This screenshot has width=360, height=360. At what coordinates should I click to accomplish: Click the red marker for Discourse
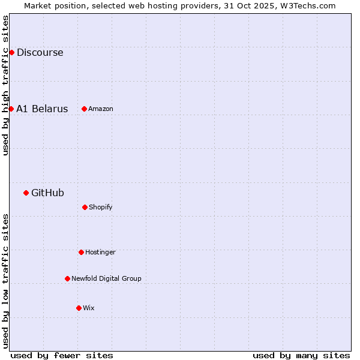click(x=11, y=52)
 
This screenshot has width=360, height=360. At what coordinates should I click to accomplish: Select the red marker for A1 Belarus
click(x=11, y=109)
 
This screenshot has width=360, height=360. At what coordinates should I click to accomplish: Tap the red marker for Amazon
click(x=84, y=109)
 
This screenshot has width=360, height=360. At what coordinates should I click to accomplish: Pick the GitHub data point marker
click(x=26, y=193)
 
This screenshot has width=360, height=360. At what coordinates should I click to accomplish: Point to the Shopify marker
click(x=85, y=207)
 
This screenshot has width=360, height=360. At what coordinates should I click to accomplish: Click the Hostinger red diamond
click(x=81, y=252)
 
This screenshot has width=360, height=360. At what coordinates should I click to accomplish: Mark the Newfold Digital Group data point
click(x=67, y=278)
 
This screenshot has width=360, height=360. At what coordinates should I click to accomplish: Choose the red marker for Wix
click(x=79, y=308)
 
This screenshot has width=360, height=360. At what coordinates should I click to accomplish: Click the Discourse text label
click(x=40, y=52)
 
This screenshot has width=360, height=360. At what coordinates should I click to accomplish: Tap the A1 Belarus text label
click(x=42, y=109)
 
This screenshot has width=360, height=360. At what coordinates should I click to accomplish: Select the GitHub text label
click(x=47, y=193)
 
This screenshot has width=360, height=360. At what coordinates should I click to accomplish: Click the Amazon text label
click(x=101, y=109)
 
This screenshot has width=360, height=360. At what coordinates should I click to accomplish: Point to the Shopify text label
click(x=101, y=207)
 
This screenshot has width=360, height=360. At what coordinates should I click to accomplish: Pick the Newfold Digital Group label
click(x=106, y=278)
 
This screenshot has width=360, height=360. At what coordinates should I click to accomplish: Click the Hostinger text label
click(x=100, y=252)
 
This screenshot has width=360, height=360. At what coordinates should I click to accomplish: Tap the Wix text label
click(x=89, y=308)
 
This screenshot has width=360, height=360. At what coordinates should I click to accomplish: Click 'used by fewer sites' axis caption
click(x=62, y=355)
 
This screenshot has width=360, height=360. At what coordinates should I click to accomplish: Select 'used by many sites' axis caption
click(x=301, y=355)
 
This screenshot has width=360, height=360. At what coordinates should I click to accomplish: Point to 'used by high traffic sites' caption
click(x=5, y=85)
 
